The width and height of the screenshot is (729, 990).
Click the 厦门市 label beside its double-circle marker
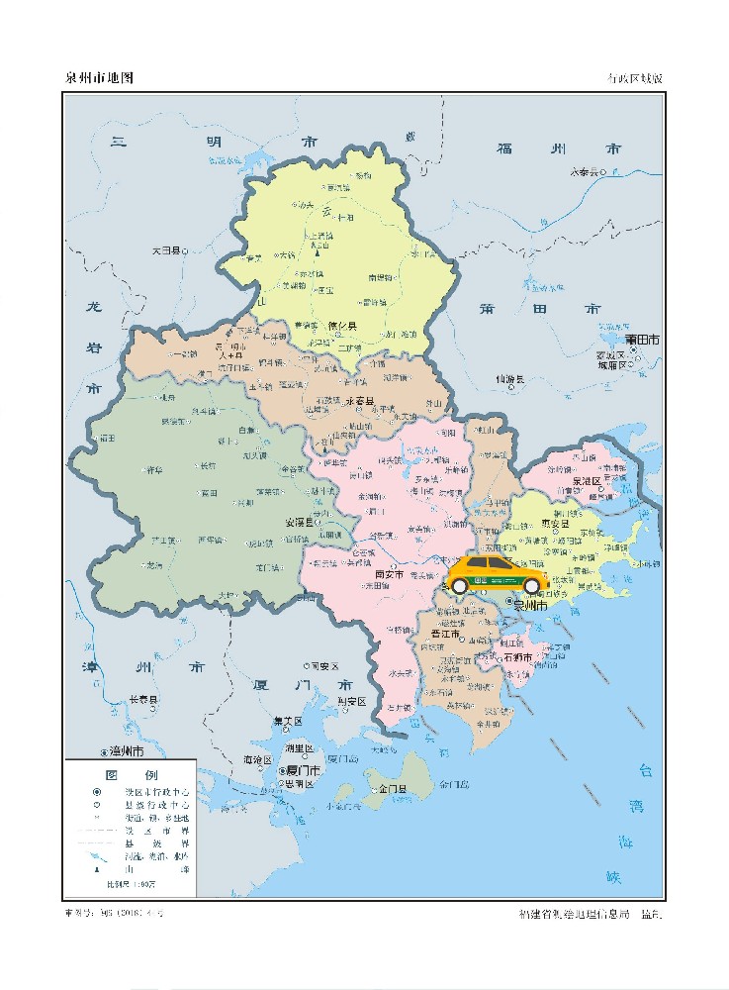[x=303, y=769]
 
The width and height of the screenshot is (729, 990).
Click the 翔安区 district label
[x=352, y=701]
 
